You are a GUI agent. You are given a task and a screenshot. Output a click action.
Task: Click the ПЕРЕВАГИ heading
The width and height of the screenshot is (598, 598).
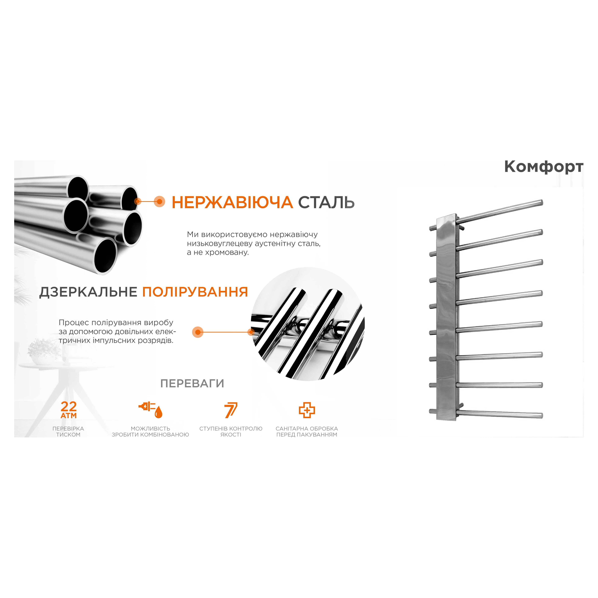click(192, 384)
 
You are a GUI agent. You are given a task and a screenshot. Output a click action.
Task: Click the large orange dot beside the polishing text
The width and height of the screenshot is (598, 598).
click(198, 332)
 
